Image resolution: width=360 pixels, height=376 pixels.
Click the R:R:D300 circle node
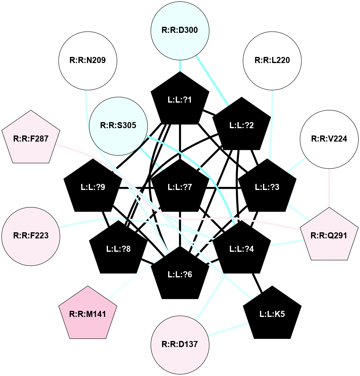coord(180,30)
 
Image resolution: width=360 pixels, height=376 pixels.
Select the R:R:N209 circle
coord(88,60)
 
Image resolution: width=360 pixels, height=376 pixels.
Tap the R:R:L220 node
coord(272,60)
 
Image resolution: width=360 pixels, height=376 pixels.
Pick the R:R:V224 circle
coord(329,139)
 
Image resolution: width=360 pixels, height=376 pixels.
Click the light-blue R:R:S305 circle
coord(118,125)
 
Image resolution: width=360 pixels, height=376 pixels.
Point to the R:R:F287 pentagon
coord(31,139)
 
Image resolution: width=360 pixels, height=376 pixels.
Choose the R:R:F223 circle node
coord(31,236)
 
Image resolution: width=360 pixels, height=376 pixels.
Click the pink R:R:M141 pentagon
coord(88,314)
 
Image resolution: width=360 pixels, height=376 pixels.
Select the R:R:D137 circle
coord(180,344)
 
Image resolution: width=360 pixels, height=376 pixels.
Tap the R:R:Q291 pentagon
coord(329,236)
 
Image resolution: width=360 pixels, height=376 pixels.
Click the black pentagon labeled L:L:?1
coord(180,100)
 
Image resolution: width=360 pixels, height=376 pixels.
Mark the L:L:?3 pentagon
coord(267,187)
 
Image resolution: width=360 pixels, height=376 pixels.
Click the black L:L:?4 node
coord(241,249)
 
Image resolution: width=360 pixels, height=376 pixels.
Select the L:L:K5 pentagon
coord(272,314)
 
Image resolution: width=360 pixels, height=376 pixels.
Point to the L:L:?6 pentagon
coord(180,274)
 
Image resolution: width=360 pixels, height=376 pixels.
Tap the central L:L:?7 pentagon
coord(180,187)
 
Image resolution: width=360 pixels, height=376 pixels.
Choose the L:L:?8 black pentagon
coord(118,249)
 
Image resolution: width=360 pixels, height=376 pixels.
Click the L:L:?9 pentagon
coord(93,187)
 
